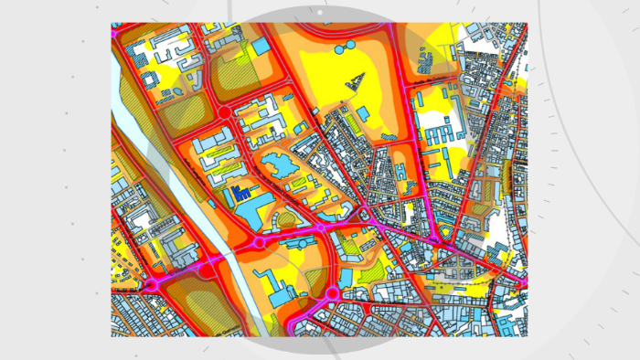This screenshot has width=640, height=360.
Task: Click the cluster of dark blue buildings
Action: coord(242,194)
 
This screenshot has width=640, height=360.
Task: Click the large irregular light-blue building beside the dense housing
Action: coord(276,167)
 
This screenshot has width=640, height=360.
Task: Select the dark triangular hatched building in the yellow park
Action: coord(354,81)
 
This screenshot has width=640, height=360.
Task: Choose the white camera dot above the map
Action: coord(319,14)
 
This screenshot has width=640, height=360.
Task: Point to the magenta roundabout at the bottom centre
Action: coord(331,293)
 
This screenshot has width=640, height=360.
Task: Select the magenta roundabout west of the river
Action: coord(151,285)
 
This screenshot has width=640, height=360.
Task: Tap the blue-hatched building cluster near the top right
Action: coord(426,60)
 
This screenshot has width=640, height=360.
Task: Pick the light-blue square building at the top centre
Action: coord(261,46)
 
